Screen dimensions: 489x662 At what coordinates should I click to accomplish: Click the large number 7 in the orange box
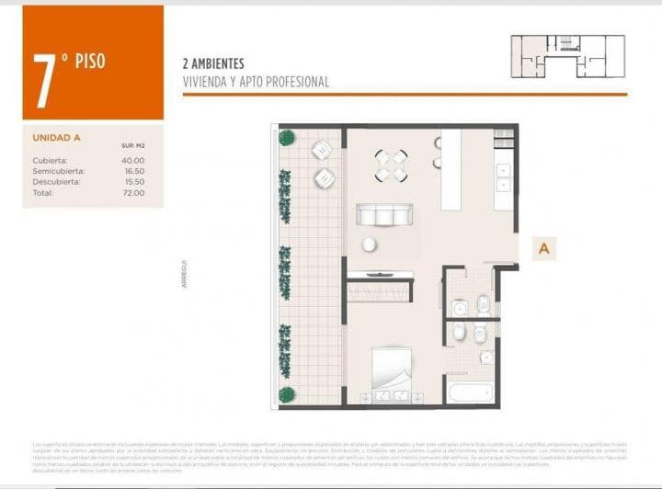coord(42,70)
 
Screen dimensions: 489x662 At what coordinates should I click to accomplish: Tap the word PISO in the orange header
coord(89,62)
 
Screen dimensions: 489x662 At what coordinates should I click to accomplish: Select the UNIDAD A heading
coord(57,138)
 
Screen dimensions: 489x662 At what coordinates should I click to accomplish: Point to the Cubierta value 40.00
coord(133,160)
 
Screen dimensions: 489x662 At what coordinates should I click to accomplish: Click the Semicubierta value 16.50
coord(133,171)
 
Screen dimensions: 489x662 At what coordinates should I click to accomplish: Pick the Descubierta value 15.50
coord(133,182)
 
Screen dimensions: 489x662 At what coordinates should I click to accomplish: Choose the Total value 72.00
coord(133,193)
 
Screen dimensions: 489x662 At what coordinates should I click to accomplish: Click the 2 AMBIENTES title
coord(213,64)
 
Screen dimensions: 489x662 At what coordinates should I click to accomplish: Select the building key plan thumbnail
coord(567,56)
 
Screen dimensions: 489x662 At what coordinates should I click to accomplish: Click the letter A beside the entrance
coord(544,248)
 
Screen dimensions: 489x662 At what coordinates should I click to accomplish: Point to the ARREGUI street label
coord(186,274)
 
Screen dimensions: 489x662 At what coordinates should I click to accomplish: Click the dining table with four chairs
coord(391,165)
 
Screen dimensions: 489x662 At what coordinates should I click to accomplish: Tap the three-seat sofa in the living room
coord(384,215)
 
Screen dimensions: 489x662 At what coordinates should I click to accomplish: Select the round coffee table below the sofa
coord(369,244)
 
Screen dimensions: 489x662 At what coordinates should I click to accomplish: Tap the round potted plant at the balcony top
coord(287,138)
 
